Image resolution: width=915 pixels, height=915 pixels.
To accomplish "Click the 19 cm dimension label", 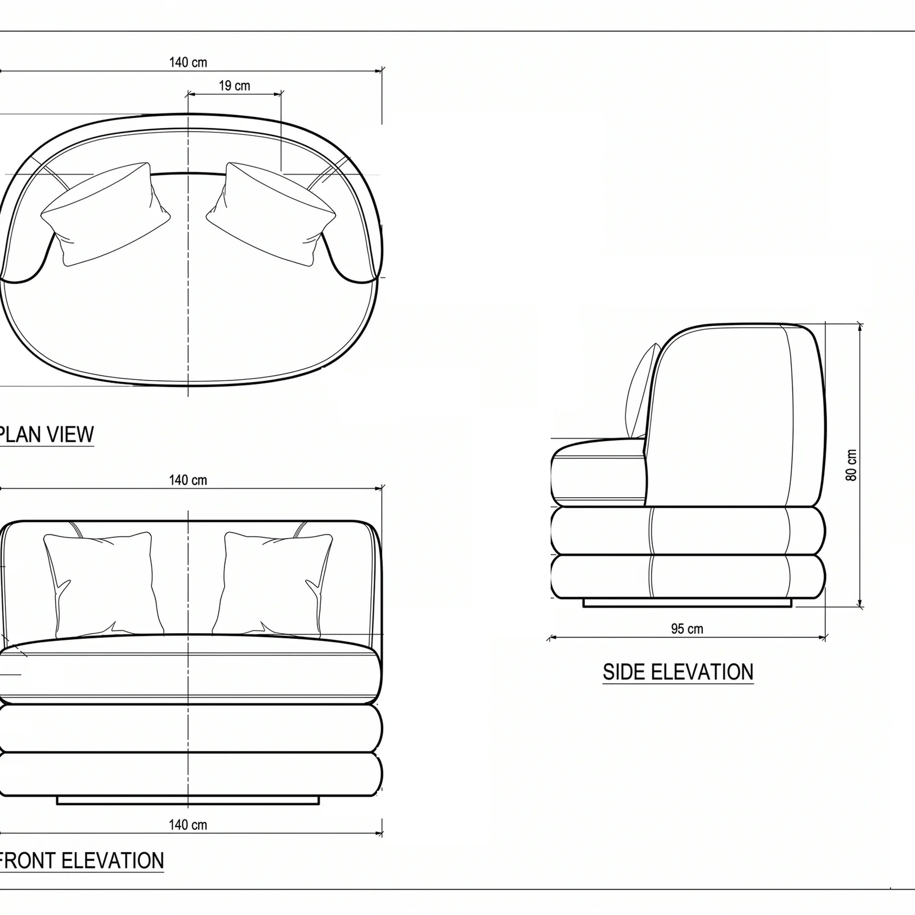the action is (x=235, y=86).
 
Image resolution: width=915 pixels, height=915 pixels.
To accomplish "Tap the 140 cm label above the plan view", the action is (x=188, y=63).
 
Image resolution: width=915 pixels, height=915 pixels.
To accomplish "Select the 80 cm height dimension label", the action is (x=851, y=465).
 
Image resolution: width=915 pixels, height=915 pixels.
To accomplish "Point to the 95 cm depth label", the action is (x=687, y=629).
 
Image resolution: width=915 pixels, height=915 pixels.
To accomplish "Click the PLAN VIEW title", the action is (x=46, y=434).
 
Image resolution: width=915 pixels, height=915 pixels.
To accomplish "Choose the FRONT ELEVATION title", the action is (x=81, y=860).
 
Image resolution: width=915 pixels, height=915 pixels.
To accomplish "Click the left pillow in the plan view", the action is (x=105, y=214).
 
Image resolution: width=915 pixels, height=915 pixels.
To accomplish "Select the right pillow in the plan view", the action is (x=271, y=214).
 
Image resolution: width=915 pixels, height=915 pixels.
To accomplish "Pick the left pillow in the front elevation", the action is (x=103, y=585).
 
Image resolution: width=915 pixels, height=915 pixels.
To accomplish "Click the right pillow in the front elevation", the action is (x=273, y=585).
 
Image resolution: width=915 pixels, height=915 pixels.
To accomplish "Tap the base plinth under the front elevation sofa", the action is (x=188, y=800).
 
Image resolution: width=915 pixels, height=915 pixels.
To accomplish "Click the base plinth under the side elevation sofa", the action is (x=687, y=603).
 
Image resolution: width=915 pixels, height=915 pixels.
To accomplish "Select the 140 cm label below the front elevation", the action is (x=188, y=825).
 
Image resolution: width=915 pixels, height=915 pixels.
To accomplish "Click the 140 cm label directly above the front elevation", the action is (x=188, y=480).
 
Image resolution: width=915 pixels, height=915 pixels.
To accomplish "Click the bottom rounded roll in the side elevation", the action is (x=688, y=576).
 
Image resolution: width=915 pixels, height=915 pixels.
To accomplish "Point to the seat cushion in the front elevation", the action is (x=189, y=669).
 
